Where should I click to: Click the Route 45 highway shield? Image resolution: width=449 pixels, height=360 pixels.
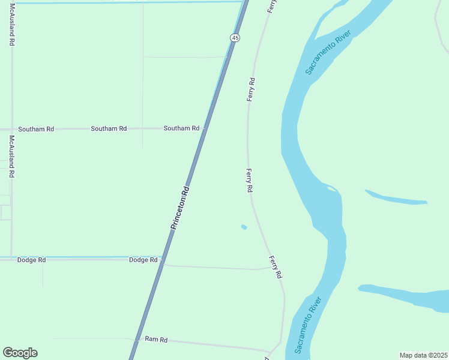coord(235,38)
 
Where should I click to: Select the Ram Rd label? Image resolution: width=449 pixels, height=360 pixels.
coord(156,340)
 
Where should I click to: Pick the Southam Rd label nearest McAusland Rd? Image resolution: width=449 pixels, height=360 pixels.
coord(36,129)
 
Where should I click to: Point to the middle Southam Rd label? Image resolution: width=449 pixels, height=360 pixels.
coord(109,128)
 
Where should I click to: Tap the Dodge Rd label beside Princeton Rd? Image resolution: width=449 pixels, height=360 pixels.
coord(143,260)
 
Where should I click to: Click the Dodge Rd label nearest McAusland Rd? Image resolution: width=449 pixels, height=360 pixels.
coord(31,260)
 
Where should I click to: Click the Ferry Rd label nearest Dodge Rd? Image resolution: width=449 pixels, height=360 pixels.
coord(276,267)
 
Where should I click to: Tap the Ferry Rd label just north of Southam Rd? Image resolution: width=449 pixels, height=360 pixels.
coord(252,89)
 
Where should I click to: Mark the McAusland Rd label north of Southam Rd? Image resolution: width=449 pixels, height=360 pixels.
coord(12,28)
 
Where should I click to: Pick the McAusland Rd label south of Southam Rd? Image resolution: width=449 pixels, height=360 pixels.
coord(11,156)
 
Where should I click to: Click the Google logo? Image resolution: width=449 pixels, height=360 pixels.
coord(20,353)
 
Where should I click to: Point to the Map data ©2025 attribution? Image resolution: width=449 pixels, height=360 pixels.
coord(423,355)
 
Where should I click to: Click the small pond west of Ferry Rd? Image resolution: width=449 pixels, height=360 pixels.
coord(244,227)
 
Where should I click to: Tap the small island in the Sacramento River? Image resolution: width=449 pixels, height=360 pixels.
coord(331,189)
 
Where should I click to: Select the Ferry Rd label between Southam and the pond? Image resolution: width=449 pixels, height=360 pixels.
coord(249,180)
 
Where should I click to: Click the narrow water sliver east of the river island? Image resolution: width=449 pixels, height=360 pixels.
coord(396,198)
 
